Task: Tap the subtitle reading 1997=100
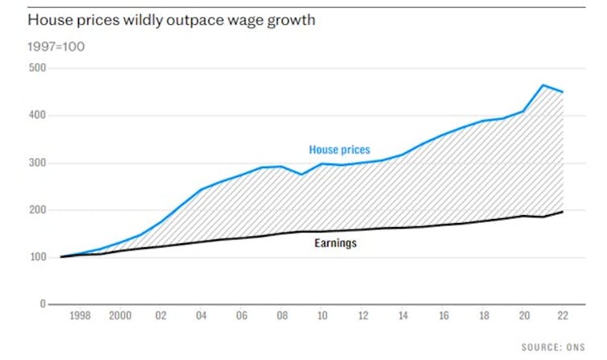pos(56,46)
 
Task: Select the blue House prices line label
pos(339,150)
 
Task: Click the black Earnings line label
pos(336,242)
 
